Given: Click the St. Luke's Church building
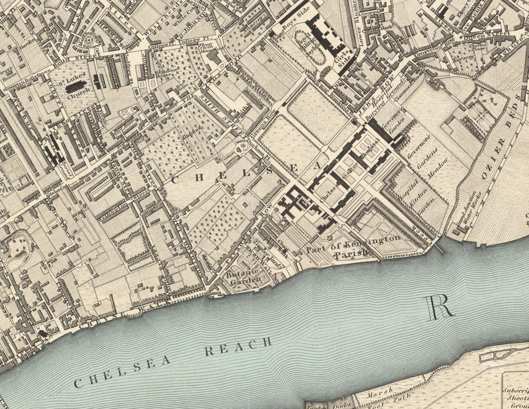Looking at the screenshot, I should click(75, 87).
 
